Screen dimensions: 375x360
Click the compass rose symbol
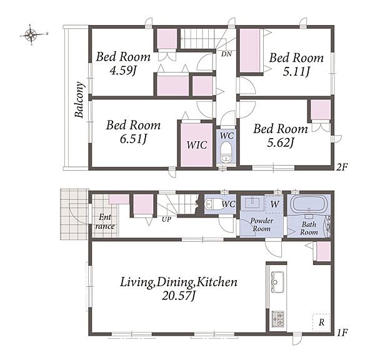(32, 35)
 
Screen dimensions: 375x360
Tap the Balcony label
(79, 99)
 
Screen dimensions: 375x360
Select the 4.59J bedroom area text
(123, 71)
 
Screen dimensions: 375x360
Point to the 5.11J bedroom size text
(296, 71)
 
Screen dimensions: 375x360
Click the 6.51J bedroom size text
(133, 139)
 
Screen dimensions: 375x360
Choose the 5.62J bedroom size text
(280, 142)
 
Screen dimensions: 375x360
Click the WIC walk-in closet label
(197, 145)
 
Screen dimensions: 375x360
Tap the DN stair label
(226, 54)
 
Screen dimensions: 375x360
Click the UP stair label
(166, 219)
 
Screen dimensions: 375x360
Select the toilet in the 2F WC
(225, 152)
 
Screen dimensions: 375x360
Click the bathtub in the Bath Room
(309, 204)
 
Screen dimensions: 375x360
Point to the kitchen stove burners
(278, 319)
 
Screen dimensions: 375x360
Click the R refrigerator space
(321, 322)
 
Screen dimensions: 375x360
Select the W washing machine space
(274, 204)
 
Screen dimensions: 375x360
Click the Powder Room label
(262, 224)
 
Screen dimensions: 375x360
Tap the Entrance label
(105, 222)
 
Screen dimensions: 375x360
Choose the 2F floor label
(342, 167)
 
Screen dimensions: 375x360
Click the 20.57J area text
(178, 296)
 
